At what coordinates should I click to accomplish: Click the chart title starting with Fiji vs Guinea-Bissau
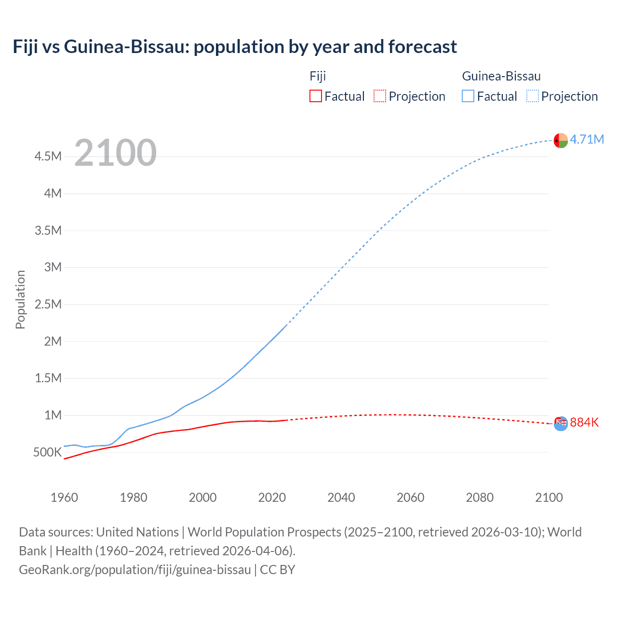pyautogui.click(x=235, y=47)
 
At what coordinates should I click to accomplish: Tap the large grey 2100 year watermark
pyautogui.click(x=115, y=153)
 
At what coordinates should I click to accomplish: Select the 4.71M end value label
pyautogui.click(x=587, y=140)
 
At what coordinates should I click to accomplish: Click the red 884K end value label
pyautogui.click(x=584, y=423)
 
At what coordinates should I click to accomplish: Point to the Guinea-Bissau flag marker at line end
pyautogui.click(x=561, y=140)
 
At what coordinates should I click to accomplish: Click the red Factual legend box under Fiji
pyautogui.click(x=315, y=96)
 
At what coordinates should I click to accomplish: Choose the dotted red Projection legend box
pyautogui.click(x=380, y=96)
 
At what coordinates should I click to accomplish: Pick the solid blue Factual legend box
pyautogui.click(x=468, y=96)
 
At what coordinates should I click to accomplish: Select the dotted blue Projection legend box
pyautogui.click(x=533, y=96)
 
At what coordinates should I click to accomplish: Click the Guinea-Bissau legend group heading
pyautogui.click(x=501, y=76)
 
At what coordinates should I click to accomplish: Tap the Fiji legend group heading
pyautogui.click(x=318, y=76)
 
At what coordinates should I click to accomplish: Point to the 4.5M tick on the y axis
pyautogui.click(x=48, y=157)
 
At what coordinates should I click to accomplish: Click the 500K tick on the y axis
pyautogui.click(x=47, y=452)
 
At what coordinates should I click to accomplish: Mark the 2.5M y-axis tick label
pyautogui.click(x=48, y=304)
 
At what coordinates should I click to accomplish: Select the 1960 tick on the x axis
pyautogui.click(x=64, y=497)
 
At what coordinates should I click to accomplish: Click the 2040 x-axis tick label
pyautogui.click(x=341, y=497)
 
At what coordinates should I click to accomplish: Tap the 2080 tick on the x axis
pyautogui.click(x=480, y=497)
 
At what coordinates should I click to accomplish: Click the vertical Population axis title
pyautogui.click(x=20, y=300)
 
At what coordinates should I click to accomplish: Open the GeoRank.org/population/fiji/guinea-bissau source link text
pyautogui.click(x=135, y=570)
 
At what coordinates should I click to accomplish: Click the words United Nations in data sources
pyautogui.click(x=137, y=532)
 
